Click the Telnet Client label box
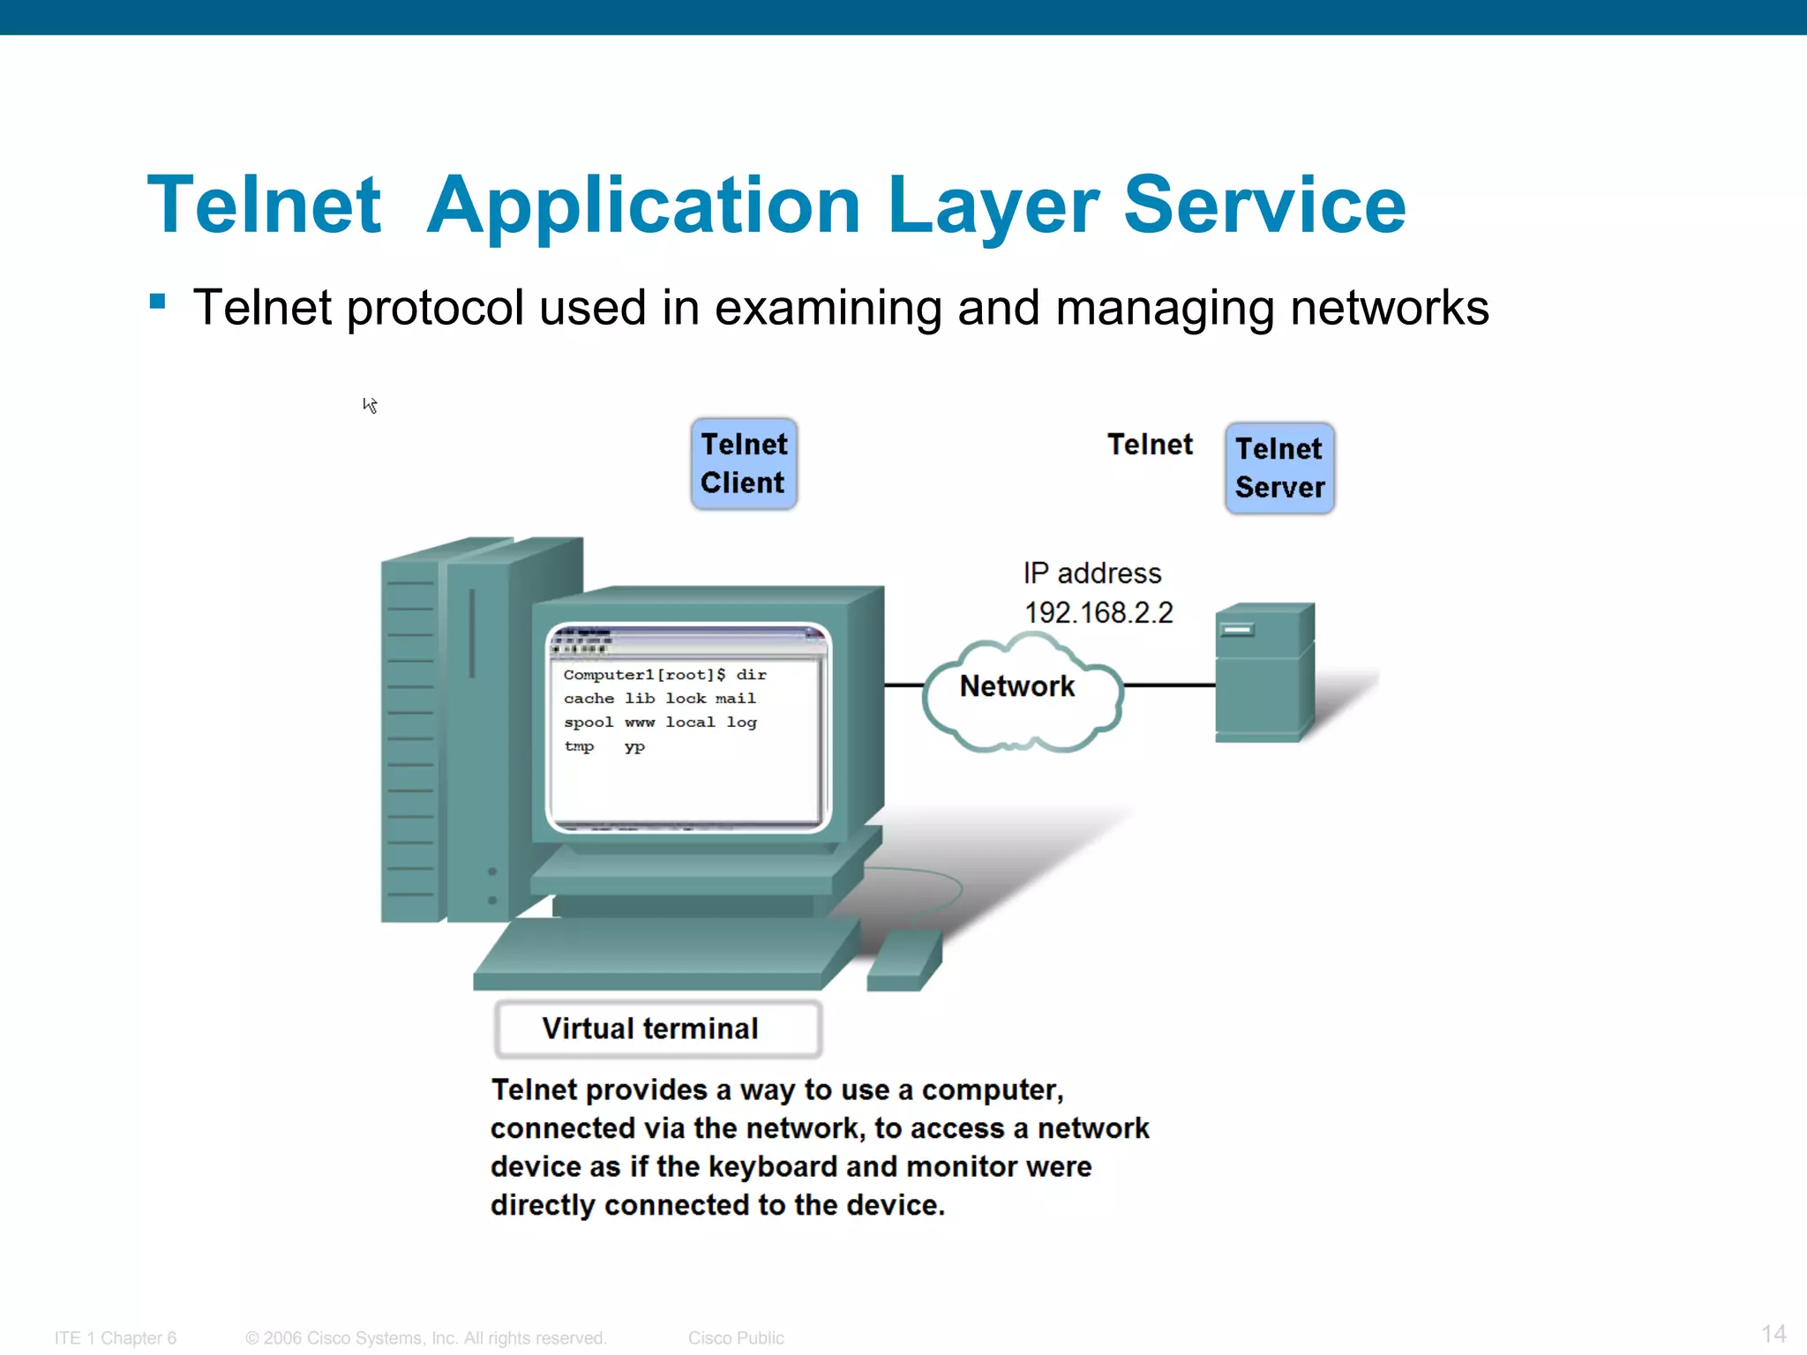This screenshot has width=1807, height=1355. pyautogui.click(x=744, y=464)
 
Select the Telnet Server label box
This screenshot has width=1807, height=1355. pyautogui.click(x=1279, y=468)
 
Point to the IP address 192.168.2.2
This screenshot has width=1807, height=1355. pyautogui.click(x=1098, y=612)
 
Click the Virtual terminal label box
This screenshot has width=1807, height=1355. pyautogui.click(x=658, y=1029)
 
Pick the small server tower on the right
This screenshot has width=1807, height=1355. pyautogui.click(x=1263, y=672)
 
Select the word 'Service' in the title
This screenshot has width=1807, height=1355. pyautogui.click(x=1263, y=206)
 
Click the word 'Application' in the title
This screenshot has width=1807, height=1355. pyautogui.click(x=643, y=206)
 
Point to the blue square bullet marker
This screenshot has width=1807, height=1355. pyautogui.click(x=158, y=303)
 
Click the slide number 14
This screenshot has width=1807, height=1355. pyautogui.click(x=1773, y=1333)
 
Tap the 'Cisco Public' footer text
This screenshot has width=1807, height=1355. pyautogui.click(x=736, y=1338)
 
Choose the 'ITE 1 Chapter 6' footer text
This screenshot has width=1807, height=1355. pyautogui.click(x=116, y=1338)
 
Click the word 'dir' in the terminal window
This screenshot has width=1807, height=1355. pyautogui.click(x=752, y=675)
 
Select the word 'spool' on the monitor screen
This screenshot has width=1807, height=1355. pyautogui.click(x=589, y=722)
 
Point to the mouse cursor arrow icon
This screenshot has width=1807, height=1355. pyautogui.click(x=370, y=405)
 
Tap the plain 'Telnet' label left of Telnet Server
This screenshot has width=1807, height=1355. pyautogui.click(x=1150, y=445)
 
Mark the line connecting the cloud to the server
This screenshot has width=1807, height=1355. pyautogui.click(x=1169, y=685)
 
